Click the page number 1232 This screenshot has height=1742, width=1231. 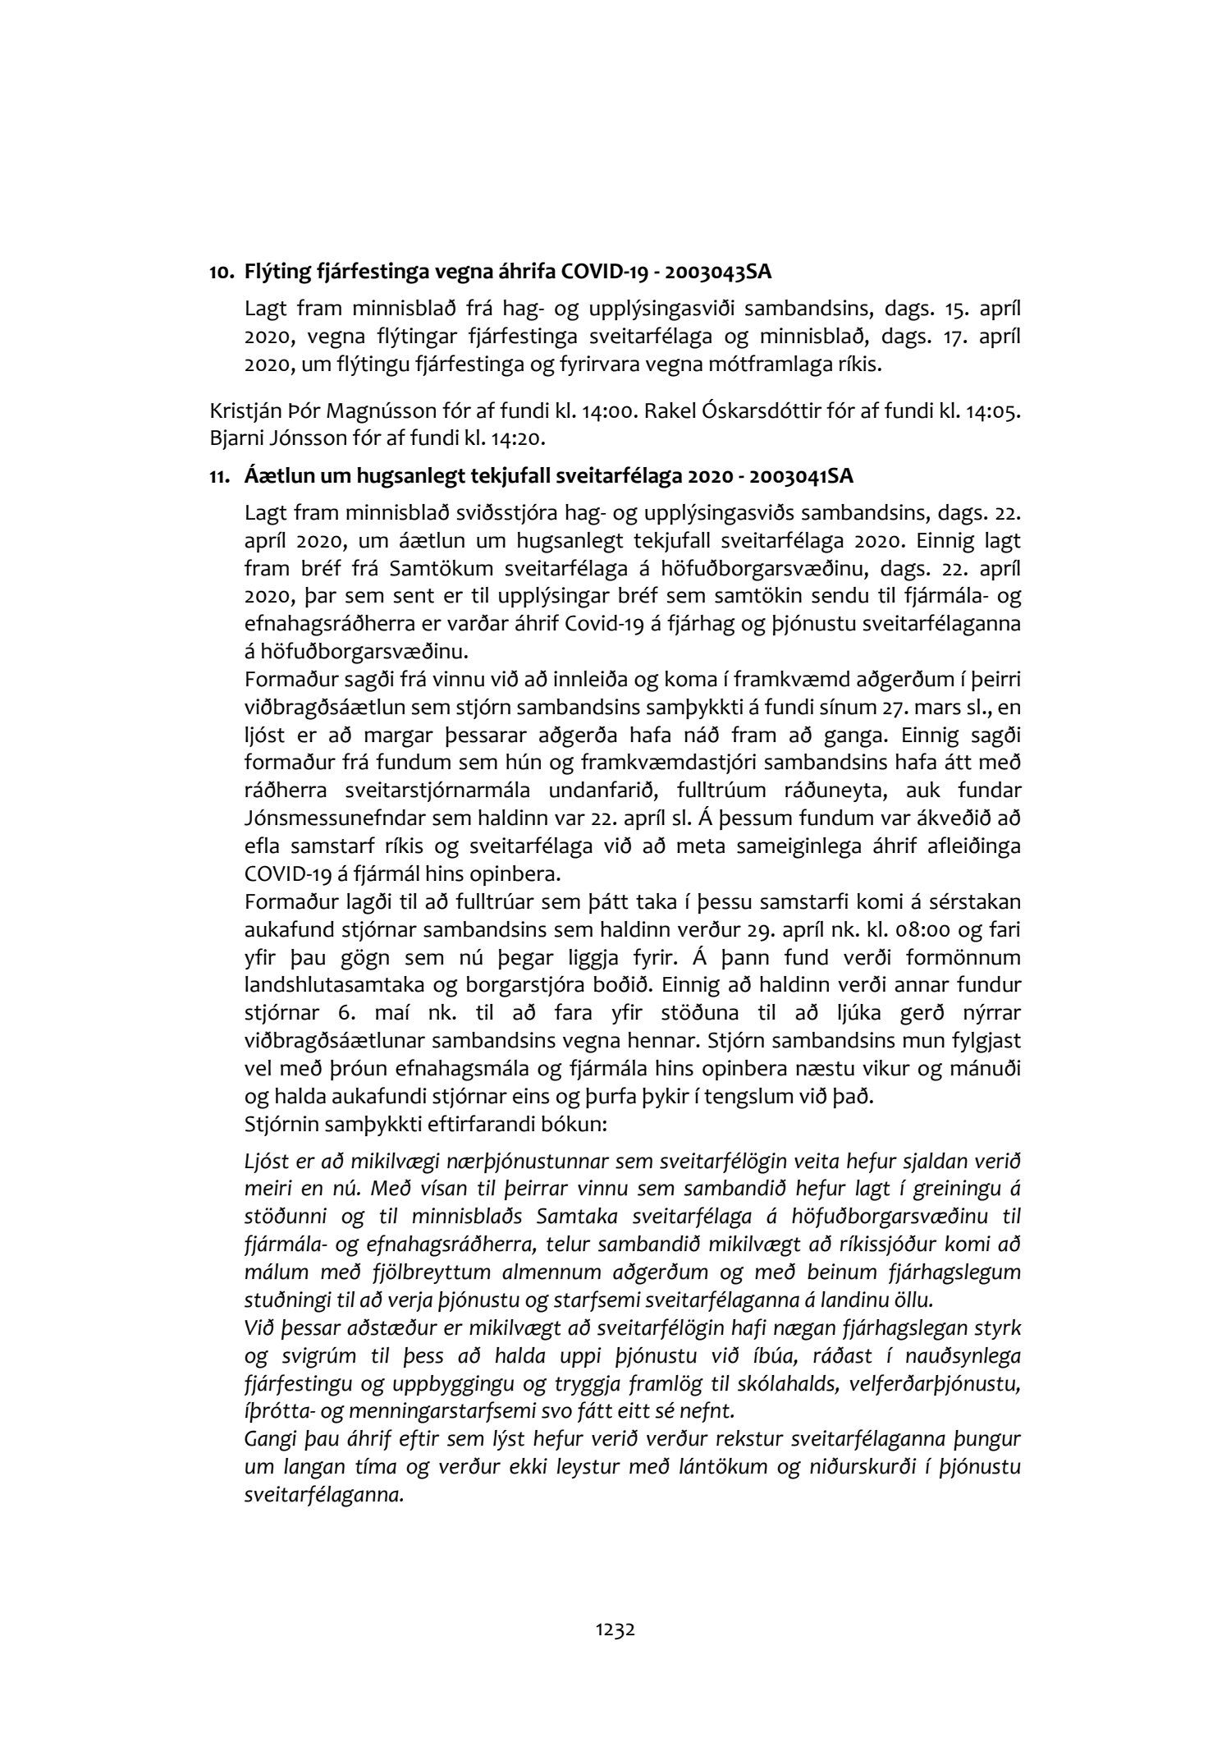(x=615, y=1630)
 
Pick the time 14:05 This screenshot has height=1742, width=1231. (x=995, y=410)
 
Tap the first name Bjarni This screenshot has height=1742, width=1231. (x=236, y=438)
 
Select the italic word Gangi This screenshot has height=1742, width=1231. (x=270, y=1440)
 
